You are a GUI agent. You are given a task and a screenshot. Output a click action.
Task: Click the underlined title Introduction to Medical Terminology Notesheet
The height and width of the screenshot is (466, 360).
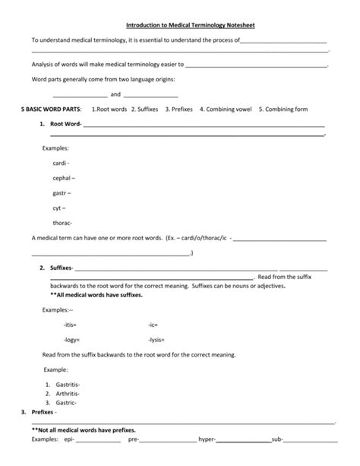(x=180, y=25)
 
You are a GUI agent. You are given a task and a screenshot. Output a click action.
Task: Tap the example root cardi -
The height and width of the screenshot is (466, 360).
(x=61, y=163)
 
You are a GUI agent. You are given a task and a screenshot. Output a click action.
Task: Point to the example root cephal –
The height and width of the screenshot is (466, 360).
(x=63, y=178)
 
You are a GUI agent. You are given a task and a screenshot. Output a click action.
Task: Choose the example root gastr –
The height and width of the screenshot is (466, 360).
(x=62, y=193)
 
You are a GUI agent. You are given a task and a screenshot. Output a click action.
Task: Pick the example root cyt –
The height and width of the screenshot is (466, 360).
(x=58, y=208)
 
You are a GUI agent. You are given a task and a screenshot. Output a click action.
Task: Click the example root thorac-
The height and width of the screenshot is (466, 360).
(x=62, y=223)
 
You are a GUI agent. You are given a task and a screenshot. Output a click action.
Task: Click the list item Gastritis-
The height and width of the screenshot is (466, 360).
(x=68, y=385)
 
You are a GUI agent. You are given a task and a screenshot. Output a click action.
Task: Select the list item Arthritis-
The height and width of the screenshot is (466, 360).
(x=67, y=394)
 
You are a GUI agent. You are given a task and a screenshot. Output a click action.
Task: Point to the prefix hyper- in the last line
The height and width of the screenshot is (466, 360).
(x=207, y=439)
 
